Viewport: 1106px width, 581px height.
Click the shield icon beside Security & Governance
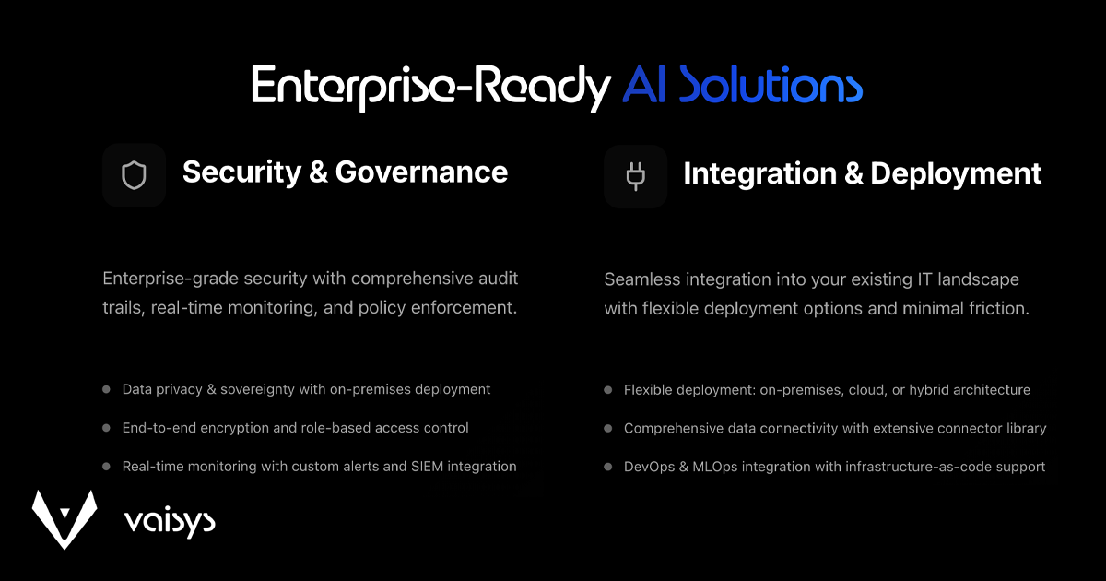(134, 175)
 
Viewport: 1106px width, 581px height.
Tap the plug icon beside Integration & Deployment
(635, 176)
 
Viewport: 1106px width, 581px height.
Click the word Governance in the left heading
(421, 172)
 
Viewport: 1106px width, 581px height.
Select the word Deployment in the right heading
(956, 174)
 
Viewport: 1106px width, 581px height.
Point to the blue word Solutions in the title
(771, 85)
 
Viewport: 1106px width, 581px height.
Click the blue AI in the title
(644, 85)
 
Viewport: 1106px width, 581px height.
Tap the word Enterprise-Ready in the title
(431, 88)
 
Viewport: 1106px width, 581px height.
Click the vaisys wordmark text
(170, 522)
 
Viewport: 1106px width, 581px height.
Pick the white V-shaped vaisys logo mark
(65, 519)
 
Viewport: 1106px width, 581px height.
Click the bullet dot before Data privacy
(106, 389)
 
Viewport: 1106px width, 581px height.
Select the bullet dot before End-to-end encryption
(106, 428)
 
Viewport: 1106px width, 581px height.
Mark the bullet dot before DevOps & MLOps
(607, 467)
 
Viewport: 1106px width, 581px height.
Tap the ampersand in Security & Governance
(319, 172)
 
